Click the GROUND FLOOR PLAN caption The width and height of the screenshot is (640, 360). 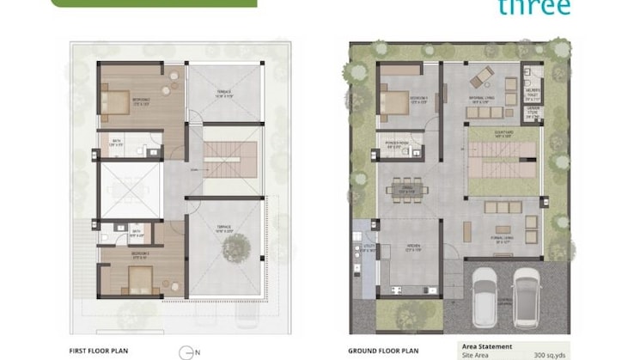(383, 351)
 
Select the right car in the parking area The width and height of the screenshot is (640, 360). (527, 294)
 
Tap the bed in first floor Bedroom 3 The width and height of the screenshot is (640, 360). (141, 277)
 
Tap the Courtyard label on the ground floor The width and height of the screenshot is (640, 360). (503, 135)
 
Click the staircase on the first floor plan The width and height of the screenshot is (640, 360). (230, 160)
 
